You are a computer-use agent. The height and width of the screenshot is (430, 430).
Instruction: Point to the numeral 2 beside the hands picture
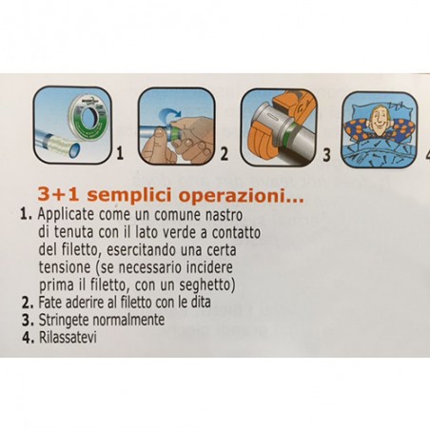click(225, 152)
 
